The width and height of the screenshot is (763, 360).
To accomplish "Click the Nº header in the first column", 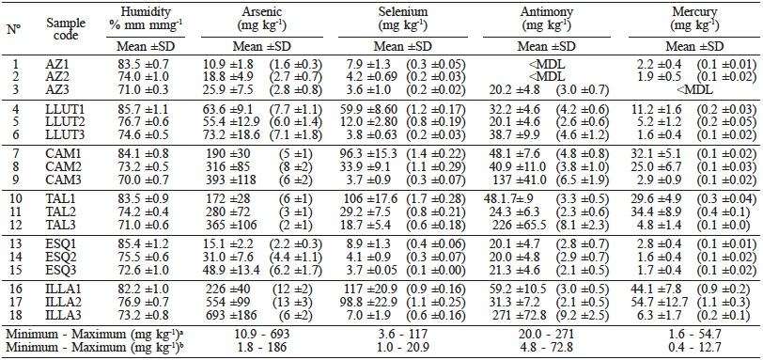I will (13, 27).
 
